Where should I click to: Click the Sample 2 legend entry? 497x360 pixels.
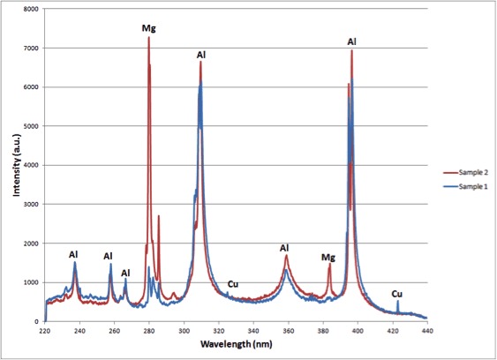(x=465, y=172)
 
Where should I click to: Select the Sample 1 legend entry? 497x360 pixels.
(x=465, y=186)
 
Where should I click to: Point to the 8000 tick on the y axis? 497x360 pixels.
(x=31, y=9)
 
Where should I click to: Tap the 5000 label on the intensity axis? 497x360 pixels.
(x=31, y=126)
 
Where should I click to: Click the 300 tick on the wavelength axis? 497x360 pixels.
(x=184, y=331)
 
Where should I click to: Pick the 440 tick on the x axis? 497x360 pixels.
(x=427, y=331)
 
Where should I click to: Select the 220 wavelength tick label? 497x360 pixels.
(x=45, y=331)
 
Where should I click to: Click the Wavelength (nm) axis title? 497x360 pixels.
(x=236, y=344)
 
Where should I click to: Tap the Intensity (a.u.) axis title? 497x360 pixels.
(x=17, y=165)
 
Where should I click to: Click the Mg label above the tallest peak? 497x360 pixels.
(x=148, y=28)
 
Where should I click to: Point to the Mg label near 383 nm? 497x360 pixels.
(x=328, y=257)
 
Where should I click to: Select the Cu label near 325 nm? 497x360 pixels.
(x=233, y=284)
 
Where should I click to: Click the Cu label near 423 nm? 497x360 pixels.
(x=397, y=294)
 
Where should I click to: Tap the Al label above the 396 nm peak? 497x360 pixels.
(x=351, y=41)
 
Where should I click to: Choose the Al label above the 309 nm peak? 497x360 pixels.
(x=201, y=55)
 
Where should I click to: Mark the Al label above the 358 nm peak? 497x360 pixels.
(x=284, y=248)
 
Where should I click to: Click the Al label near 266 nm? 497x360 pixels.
(x=125, y=273)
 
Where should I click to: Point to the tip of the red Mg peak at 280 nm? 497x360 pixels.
(x=148, y=37)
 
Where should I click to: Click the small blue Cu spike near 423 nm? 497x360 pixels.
(x=398, y=306)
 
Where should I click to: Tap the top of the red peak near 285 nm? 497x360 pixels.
(x=159, y=216)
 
